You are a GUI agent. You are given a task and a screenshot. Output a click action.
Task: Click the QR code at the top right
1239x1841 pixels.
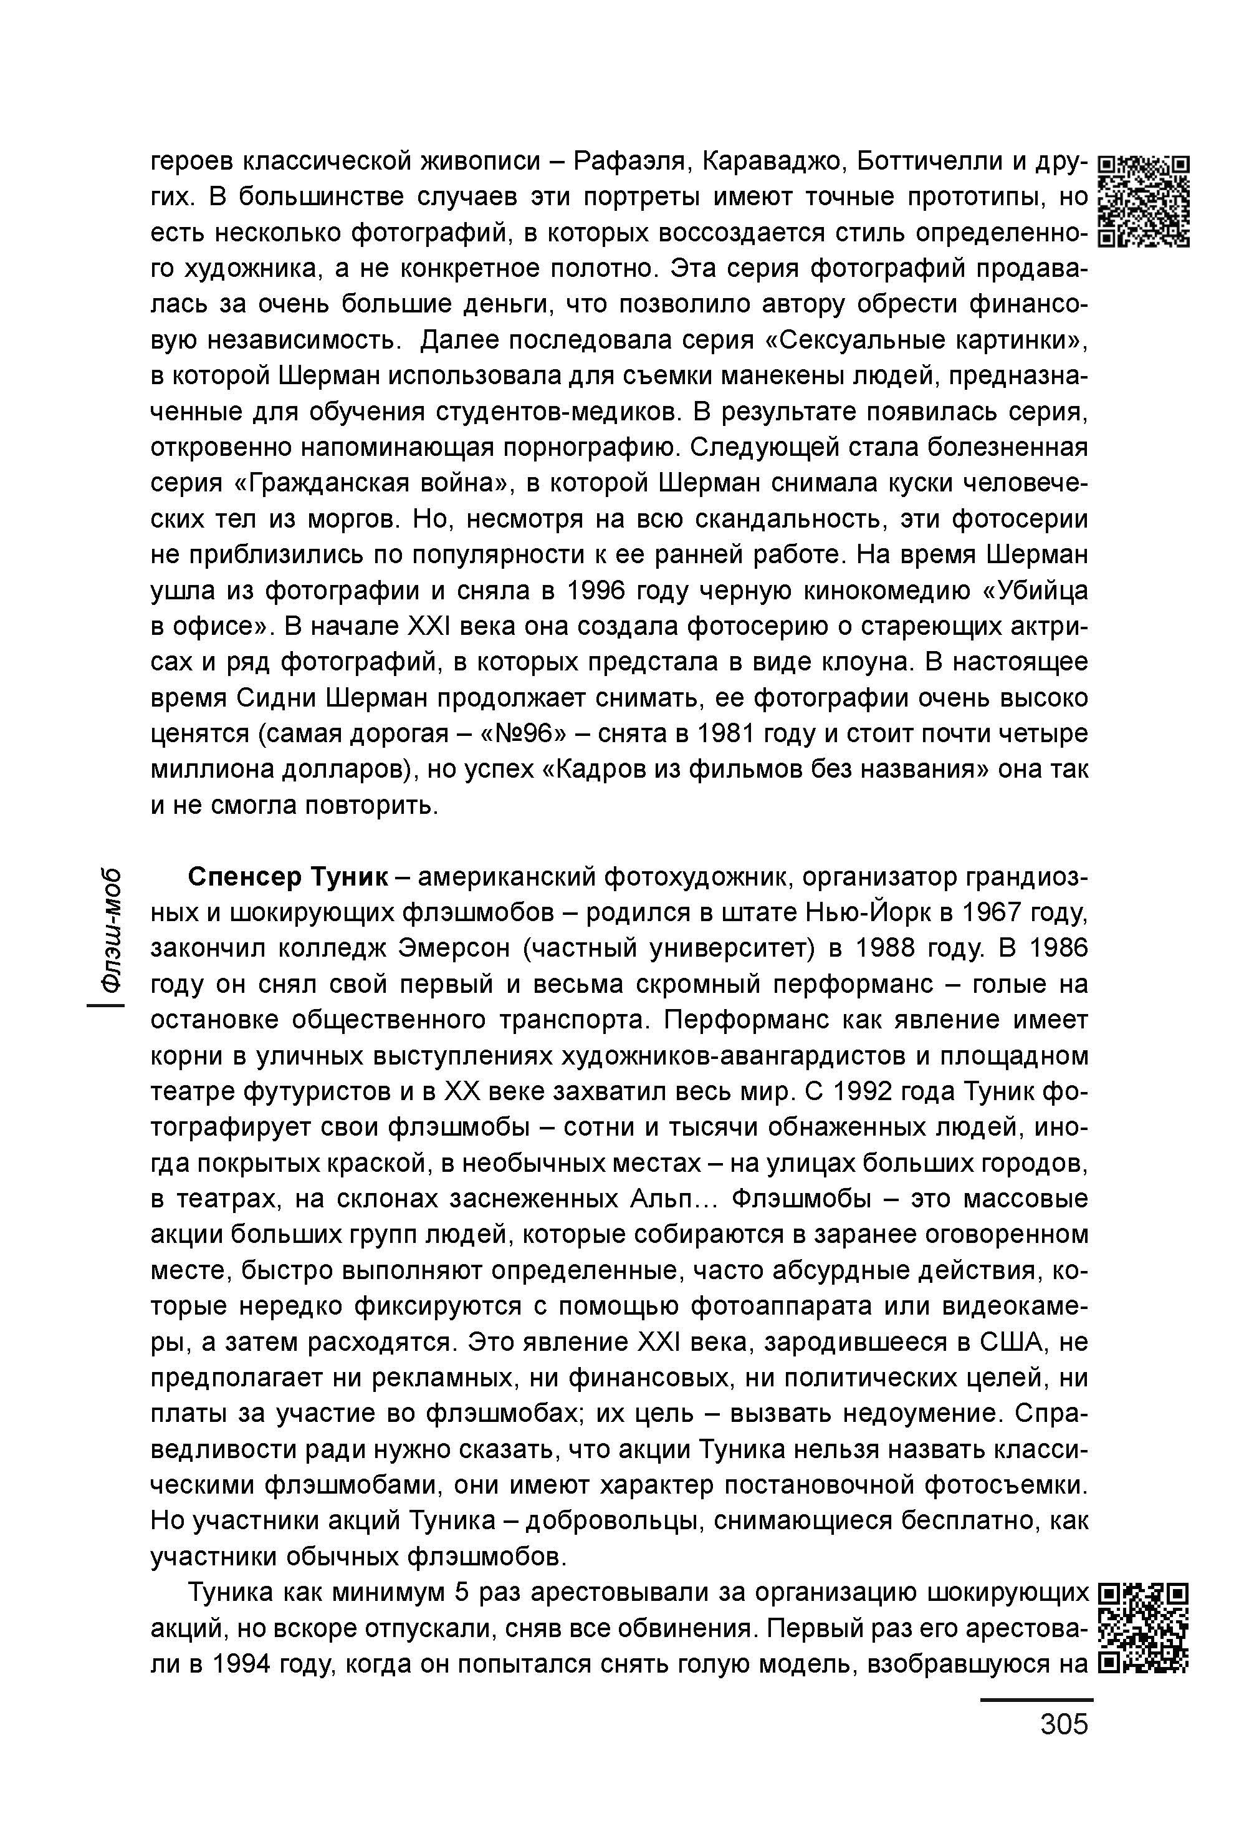pos(1145,201)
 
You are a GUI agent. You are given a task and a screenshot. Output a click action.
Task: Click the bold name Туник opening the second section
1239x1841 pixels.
pos(348,877)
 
